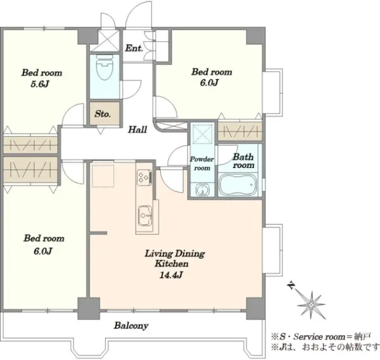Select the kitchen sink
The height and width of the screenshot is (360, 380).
pos(145,215)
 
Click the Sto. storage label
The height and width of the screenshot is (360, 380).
pos(103,114)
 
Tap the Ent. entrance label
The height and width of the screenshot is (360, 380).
pos(134,48)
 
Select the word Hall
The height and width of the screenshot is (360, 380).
pos(137,129)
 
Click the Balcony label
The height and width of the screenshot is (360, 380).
pos(131,326)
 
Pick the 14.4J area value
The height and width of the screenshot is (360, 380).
pos(171,274)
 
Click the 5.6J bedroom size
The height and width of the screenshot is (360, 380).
pos(40,84)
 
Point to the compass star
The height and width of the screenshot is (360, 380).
pos(312,304)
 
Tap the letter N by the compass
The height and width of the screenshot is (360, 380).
pos(291,285)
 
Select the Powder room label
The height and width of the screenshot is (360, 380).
pos(202,164)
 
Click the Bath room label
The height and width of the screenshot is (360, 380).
pos(243,161)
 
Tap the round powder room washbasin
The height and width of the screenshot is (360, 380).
pos(201,190)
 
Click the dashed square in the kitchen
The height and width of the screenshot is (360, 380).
pos(103,176)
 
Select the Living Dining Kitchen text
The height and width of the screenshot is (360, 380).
pos(175,259)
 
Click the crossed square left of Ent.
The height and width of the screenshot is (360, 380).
pos(104,41)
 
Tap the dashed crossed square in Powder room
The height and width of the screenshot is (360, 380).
pos(202,134)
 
